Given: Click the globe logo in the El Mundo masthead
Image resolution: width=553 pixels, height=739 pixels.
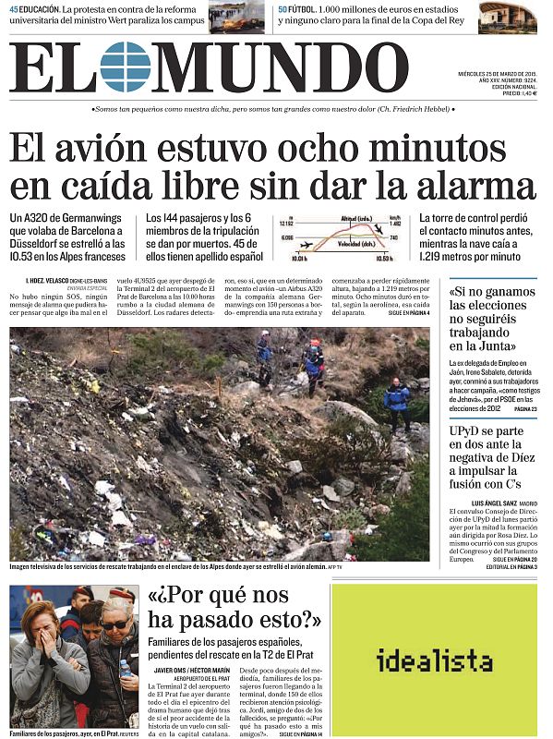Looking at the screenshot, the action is pos(126,67).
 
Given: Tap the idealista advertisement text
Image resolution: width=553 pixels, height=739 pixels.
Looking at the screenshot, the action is pos(434,660).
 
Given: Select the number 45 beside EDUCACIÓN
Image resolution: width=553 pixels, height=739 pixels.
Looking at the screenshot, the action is pos(14,8).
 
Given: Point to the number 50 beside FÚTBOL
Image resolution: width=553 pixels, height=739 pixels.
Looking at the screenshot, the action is pos(283,8).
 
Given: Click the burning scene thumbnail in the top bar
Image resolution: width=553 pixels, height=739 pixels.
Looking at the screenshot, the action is pos(237,17).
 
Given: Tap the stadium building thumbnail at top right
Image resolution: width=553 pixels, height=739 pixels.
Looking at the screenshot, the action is pos(507,17).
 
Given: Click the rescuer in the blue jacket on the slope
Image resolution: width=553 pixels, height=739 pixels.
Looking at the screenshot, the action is pos(397,399).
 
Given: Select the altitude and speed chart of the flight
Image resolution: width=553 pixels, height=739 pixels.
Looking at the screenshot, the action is pos(338,238).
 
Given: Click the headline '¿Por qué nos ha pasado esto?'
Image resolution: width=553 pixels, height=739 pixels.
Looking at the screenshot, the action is pos(234,606).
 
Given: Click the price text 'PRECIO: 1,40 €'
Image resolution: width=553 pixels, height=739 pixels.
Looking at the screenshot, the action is pos(519,93).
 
